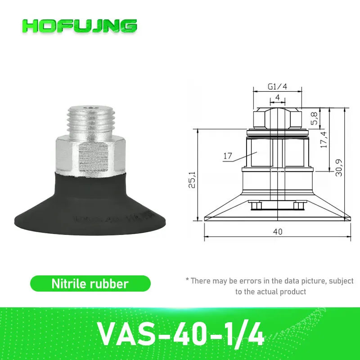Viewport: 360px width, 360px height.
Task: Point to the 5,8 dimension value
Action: pyautogui.click(x=315, y=118)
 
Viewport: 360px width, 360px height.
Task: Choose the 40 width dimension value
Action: pyautogui.click(x=277, y=232)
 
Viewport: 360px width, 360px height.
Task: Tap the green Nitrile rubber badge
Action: pyautogui.click(x=90, y=284)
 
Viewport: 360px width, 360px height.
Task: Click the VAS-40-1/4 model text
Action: pyautogui.click(x=180, y=332)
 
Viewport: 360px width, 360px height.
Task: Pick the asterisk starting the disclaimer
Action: pyautogui.click(x=187, y=280)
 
